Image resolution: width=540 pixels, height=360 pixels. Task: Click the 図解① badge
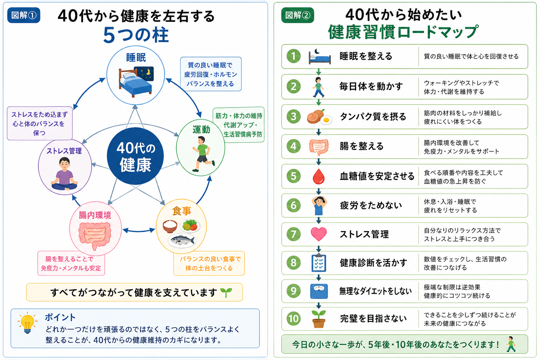point(24,15)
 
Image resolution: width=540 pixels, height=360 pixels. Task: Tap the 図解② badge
point(297,15)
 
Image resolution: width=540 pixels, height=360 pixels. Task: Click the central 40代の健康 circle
point(135,156)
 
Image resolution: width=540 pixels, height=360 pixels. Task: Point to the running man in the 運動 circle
point(203,154)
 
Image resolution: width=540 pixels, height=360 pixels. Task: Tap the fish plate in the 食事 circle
point(182,240)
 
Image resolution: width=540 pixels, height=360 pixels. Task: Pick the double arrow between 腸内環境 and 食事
point(139,230)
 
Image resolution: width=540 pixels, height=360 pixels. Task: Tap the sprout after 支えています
point(226,292)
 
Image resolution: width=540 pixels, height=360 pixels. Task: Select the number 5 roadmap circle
point(294,176)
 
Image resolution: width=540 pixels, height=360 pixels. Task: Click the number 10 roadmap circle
point(294,319)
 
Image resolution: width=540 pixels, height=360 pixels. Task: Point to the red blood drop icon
point(319,176)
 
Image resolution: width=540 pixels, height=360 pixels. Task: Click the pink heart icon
point(319,234)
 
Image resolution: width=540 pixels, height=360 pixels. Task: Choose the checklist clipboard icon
point(319,263)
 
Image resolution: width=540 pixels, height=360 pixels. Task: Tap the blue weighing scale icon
point(319,291)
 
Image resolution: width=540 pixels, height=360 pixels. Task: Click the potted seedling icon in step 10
point(319,319)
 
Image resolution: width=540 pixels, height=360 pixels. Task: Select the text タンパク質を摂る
point(373,117)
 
